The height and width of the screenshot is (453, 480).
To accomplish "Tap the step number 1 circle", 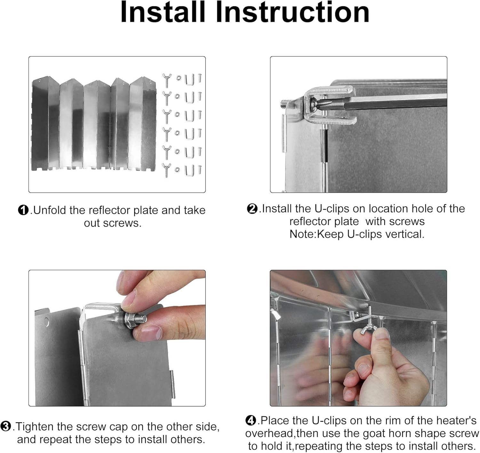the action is click(x=23, y=210).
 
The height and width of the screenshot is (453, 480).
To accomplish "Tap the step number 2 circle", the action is click(x=252, y=208).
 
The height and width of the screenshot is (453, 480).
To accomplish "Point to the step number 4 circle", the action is click(x=251, y=420).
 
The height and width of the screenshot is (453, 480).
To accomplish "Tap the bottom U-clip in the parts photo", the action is click(x=189, y=170).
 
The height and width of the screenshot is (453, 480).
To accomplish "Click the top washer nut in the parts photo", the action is click(x=179, y=78).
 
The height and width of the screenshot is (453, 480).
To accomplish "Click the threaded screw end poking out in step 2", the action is click(x=285, y=104).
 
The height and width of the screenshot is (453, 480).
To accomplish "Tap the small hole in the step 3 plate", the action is click(x=47, y=322).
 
